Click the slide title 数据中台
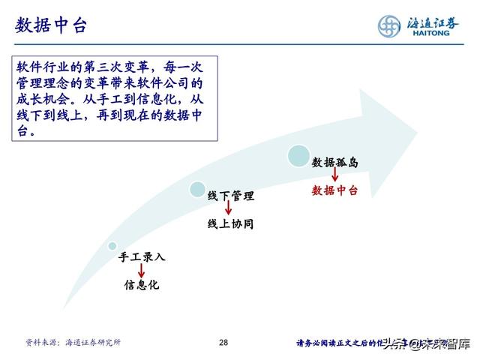(51, 25)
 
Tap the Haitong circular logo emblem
(391, 26)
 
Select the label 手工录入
(142, 256)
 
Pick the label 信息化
(142, 285)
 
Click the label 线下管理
(231, 196)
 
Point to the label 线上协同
(231, 223)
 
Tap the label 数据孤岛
(334, 161)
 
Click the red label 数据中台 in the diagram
(334, 190)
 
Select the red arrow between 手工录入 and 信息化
(142, 271)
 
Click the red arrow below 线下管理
(228, 210)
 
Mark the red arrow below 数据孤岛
(334, 176)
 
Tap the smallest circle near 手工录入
(112, 246)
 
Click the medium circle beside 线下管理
(198, 189)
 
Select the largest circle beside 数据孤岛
(299, 155)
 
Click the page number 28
(223, 343)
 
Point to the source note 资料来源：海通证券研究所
(73, 343)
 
